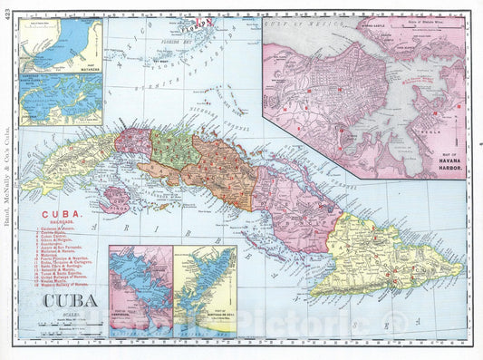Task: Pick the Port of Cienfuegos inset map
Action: (140, 290)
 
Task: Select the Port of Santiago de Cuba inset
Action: (206, 290)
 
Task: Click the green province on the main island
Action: (174, 149)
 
